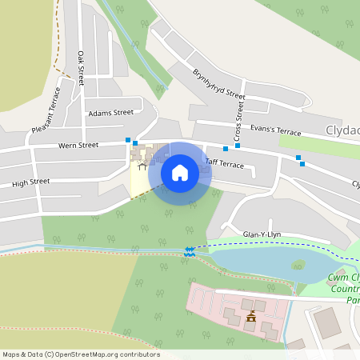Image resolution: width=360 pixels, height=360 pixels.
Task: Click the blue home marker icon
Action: [180, 172]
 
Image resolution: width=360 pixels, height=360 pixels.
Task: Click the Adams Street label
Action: [111, 113]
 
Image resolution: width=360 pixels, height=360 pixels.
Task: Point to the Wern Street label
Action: [78, 145]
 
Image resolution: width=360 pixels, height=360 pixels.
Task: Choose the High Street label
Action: [31, 182]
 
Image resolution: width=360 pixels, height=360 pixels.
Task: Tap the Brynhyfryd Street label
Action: [218, 83]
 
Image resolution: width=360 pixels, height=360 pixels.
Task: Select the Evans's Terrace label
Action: [275, 131]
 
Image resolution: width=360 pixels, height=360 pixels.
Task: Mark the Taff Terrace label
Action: [224, 163]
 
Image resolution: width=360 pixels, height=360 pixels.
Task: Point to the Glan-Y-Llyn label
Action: [262, 234]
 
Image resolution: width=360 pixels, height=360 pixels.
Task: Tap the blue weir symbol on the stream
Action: [189, 251]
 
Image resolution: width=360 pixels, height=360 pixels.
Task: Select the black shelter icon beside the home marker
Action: [143, 166]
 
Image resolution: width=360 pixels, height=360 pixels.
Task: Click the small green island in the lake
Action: [298, 265]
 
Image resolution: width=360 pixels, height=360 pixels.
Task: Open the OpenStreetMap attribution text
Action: [81, 354]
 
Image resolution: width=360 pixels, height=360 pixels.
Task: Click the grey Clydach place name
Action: [342, 130]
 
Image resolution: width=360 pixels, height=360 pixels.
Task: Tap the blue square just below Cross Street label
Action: [238, 146]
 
